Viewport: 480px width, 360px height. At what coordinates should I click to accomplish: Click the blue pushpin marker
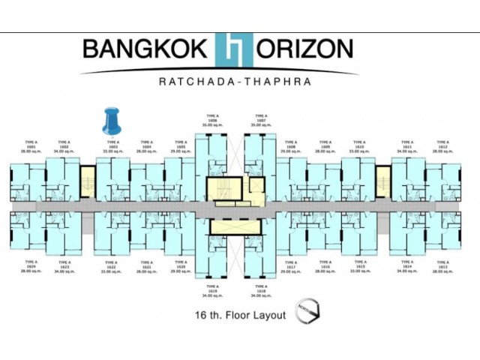(x=111, y=120)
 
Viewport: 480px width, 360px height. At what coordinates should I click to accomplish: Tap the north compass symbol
(x=307, y=313)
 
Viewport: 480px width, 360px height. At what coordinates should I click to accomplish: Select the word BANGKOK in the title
(x=145, y=49)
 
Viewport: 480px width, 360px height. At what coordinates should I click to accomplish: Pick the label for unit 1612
(x=442, y=145)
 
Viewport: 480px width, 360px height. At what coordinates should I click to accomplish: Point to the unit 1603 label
(x=112, y=145)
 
